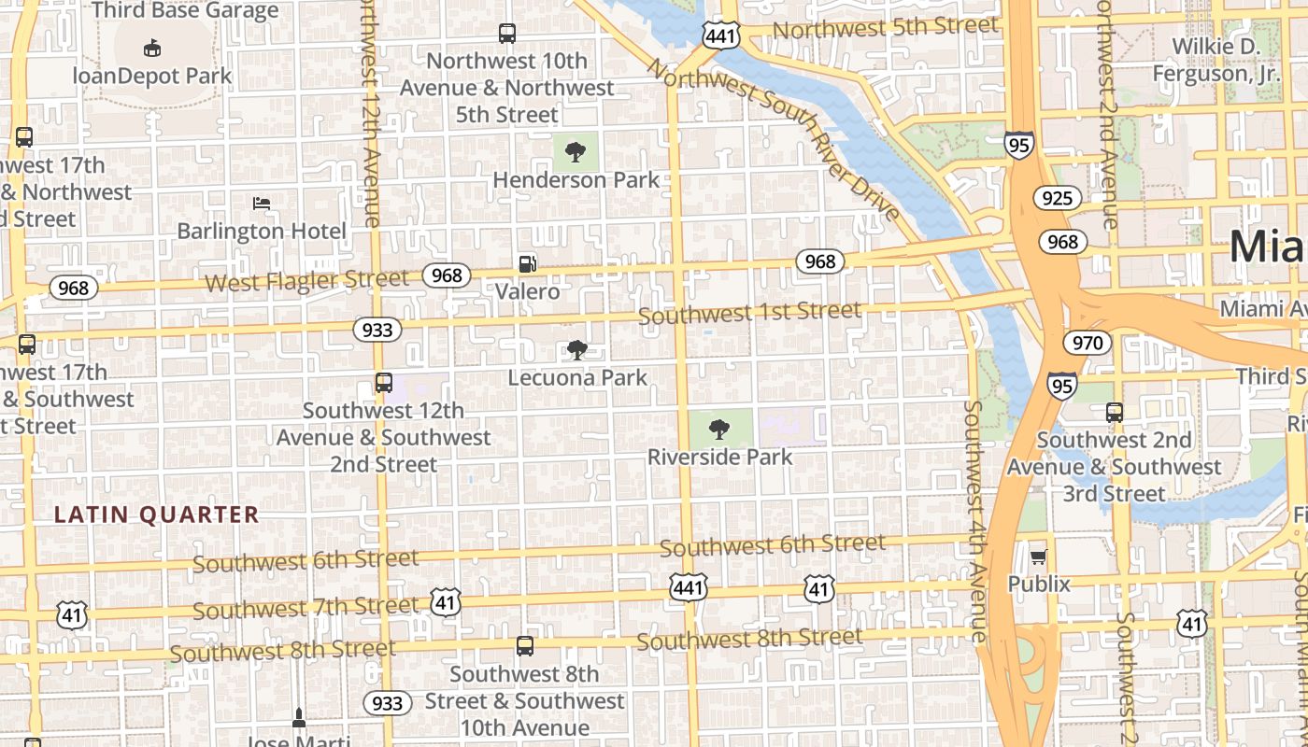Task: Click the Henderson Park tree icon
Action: [576, 150]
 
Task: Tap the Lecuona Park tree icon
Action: [577, 350]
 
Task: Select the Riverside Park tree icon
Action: [719, 430]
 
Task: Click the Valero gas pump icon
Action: [528, 264]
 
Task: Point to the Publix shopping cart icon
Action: [1038, 557]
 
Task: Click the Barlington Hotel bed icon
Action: [262, 203]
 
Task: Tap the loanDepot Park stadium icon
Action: [152, 48]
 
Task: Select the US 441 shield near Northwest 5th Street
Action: [720, 36]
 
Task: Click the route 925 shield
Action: [1057, 198]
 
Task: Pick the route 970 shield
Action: [1088, 343]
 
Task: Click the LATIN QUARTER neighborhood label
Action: [156, 514]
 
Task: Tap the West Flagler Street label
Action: [306, 280]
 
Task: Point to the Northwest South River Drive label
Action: [775, 140]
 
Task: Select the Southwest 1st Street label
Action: [749, 313]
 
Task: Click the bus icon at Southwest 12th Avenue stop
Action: [383, 382]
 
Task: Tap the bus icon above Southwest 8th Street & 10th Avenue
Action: [525, 645]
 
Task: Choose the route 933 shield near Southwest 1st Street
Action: [377, 330]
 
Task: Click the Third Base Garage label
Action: [185, 11]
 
